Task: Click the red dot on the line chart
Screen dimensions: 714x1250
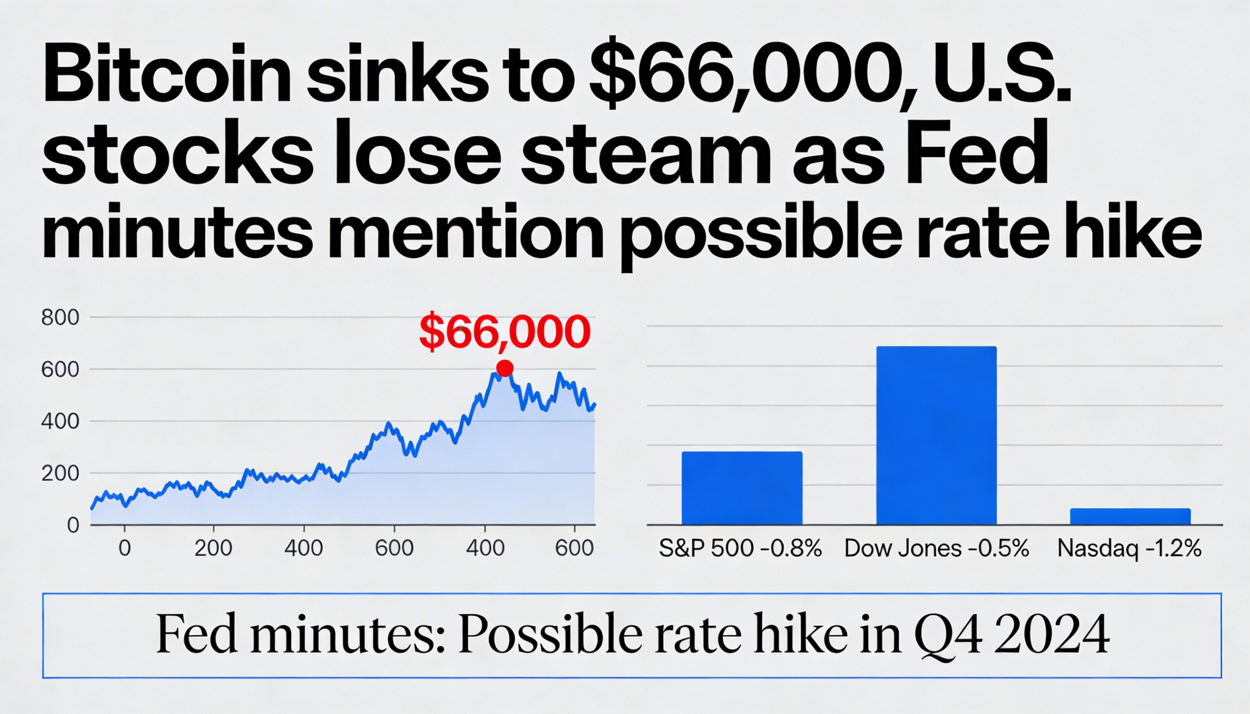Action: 504,368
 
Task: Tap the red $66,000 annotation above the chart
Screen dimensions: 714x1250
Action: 504,332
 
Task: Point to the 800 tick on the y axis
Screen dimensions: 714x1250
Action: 60,318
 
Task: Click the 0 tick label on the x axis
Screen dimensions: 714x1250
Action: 125,548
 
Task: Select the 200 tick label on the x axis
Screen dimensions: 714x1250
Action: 213,548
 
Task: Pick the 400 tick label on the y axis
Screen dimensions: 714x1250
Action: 60,421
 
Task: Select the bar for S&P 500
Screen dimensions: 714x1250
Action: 742,488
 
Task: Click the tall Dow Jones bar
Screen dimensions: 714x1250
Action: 936,435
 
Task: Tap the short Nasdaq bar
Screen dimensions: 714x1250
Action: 1130,516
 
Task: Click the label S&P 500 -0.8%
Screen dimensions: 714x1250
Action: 740,548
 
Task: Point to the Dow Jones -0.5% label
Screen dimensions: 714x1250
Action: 936,548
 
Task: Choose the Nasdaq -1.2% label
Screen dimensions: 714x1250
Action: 1129,548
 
